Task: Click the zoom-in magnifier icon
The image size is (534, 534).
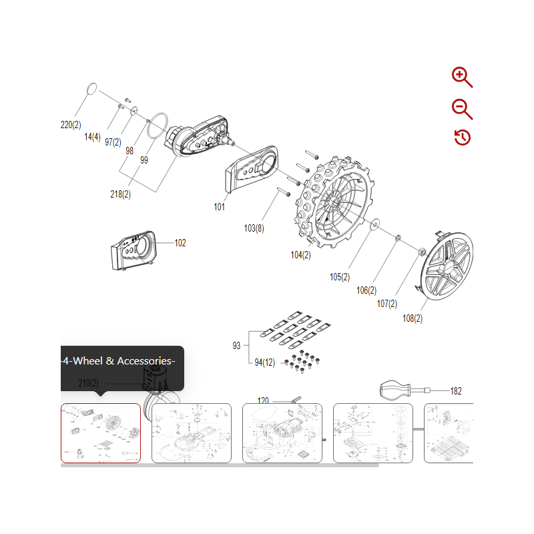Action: pos(461,77)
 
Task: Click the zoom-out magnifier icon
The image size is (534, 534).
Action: pos(461,108)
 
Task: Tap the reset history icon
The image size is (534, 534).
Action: pos(462,138)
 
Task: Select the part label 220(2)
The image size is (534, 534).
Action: pos(70,125)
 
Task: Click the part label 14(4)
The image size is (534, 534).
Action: pos(92,137)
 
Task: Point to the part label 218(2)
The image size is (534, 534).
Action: pos(120,194)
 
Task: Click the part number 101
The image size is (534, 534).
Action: pos(219,207)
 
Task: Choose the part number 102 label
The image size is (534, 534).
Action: pos(180,243)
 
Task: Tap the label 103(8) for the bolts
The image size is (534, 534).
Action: pos(254,228)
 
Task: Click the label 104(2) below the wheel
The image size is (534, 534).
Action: pos(301,254)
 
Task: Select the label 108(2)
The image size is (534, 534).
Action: pos(413,318)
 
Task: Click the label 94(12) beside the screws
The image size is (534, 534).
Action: pos(264,362)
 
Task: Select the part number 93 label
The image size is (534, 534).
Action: pos(236,346)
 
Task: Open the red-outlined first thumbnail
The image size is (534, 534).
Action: pos(101,433)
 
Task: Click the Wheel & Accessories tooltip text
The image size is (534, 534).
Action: pos(117,361)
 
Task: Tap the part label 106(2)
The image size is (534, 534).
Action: pos(366,290)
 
